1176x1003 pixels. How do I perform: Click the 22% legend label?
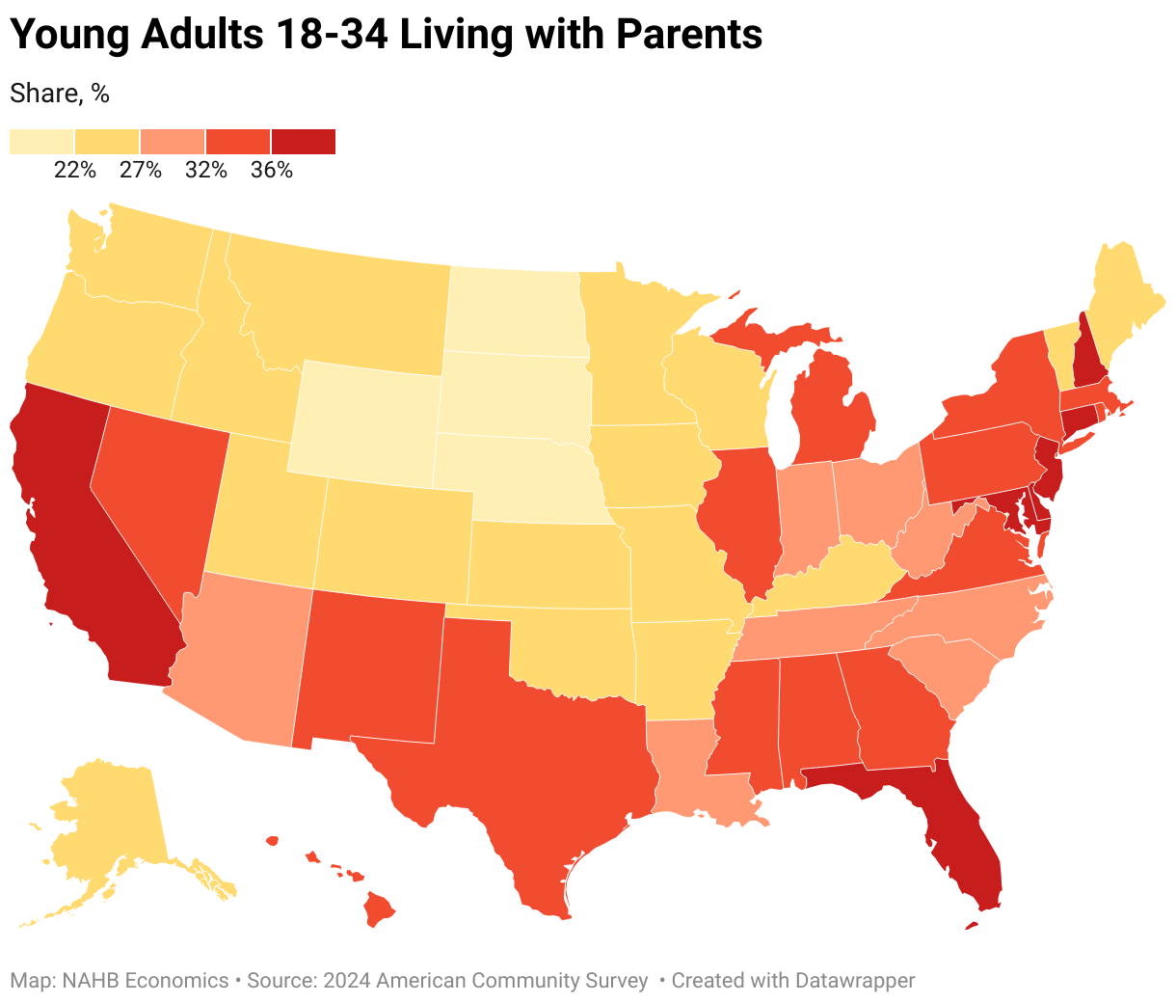pos(74,171)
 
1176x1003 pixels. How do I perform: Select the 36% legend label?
pos(271,171)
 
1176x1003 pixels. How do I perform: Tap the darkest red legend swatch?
pos(303,141)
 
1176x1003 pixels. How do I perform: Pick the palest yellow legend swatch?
pos(41,141)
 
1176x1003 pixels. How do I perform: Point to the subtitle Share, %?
pos(59,94)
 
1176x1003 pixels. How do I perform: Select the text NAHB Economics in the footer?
pos(146,981)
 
